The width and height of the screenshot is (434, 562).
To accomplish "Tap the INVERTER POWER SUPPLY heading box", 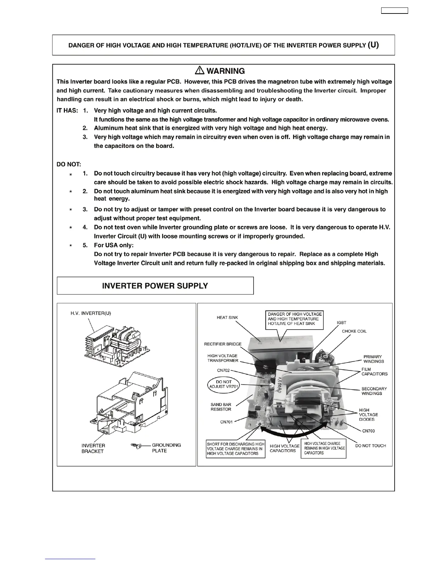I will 155,286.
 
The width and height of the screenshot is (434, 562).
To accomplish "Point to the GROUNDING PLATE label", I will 166,448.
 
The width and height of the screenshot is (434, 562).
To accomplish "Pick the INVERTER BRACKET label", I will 93,448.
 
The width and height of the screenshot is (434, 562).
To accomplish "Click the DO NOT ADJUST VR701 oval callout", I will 224,384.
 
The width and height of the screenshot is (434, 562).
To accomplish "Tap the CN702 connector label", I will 223,370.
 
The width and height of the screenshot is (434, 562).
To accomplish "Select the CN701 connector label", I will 226,422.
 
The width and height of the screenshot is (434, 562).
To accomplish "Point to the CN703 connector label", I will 368,431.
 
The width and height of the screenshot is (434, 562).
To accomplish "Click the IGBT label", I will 341,323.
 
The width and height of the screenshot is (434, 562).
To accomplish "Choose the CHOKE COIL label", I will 354,331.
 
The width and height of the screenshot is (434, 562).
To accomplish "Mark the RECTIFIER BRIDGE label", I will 223,344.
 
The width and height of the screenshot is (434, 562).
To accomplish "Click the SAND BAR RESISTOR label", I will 221,407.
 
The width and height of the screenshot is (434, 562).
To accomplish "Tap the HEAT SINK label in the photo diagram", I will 227,318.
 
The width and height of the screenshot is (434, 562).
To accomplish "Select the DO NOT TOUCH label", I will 371,446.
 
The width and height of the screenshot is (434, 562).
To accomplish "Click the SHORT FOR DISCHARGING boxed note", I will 235,449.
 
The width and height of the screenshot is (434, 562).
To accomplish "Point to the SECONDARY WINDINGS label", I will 374,391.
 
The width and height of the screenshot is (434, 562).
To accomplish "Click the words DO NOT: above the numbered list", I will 69,164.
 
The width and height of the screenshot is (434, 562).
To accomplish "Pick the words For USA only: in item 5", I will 114,245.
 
